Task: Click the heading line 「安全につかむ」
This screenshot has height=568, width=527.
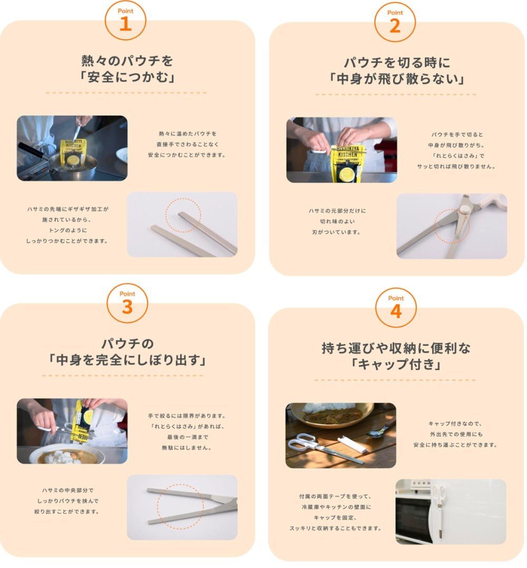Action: point(127,77)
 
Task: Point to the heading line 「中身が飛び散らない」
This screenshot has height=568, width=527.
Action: point(396,79)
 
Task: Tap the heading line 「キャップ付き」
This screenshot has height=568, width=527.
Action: point(396,364)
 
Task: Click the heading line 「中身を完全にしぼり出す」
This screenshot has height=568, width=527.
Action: point(127,360)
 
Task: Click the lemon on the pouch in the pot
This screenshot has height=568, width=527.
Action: point(74,160)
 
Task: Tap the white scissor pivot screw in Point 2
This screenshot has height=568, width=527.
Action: point(464,209)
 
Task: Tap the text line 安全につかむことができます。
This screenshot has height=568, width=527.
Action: point(187,155)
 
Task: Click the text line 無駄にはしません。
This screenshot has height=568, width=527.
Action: point(187,448)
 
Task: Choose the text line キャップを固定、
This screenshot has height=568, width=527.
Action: point(335,517)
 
